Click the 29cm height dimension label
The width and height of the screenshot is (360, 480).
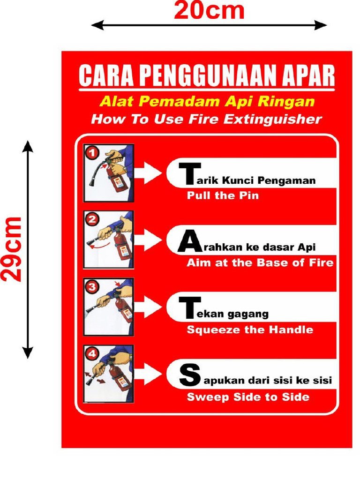12,249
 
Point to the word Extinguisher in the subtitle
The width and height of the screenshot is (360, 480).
273,119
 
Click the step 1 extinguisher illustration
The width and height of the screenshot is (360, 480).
109,173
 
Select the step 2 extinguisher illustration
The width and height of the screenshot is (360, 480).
109,240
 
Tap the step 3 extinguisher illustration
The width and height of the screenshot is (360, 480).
109,307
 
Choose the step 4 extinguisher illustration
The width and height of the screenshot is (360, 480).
109,374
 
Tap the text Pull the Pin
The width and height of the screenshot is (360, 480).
223,195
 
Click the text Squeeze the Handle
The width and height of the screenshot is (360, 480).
250,330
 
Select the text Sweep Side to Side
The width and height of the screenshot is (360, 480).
248,397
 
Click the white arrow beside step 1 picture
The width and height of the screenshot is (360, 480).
150,173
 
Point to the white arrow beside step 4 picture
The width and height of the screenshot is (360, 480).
150,374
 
